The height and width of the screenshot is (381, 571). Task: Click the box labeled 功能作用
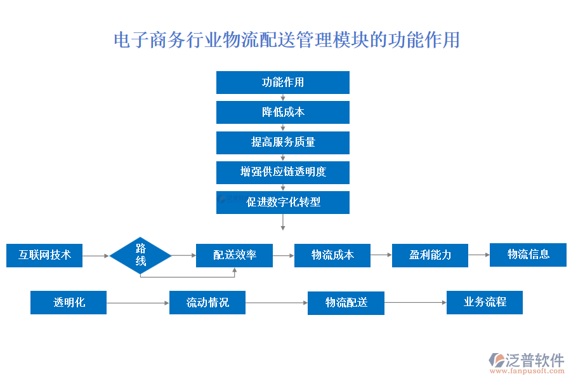(282, 83)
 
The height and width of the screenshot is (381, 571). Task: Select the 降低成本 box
(282, 112)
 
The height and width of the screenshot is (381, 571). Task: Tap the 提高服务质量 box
(282, 142)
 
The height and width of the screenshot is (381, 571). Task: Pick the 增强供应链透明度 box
(282, 172)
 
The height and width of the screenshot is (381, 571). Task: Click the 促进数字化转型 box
(282, 202)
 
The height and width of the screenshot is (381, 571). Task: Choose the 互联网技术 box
(44, 255)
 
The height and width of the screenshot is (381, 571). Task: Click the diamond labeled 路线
(140, 255)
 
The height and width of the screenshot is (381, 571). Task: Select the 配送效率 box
(234, 255)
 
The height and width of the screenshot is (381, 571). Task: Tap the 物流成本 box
(332, 255)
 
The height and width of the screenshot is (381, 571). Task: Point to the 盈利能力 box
(430, 255)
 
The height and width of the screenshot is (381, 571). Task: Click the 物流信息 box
(528, 255)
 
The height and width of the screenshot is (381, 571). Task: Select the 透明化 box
(69, 302)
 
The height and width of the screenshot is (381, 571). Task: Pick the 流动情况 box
(207, 302)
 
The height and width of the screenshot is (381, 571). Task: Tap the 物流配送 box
(346, 303)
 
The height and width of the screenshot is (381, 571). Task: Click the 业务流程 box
(485, 302)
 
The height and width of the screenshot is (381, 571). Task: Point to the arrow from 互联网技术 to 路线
(96, 256)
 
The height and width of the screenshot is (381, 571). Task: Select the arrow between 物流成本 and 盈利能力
(381, 255)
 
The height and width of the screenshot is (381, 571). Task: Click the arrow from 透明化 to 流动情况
(138, 303)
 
